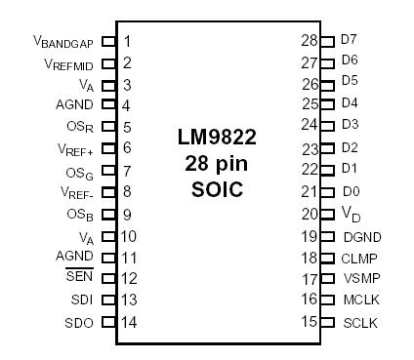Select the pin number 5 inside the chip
pos(128,126)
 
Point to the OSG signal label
pos(80,172)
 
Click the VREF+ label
pos(75,149)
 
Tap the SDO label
pos(80,321)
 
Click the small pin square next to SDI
pos(108,300)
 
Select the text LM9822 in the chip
pos(218,139)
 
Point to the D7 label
pos(349,40)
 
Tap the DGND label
pos(360,236)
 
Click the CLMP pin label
pos(359,258)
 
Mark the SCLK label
pos(359,321)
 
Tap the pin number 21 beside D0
pos(310,192)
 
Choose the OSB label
pos(80,215)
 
